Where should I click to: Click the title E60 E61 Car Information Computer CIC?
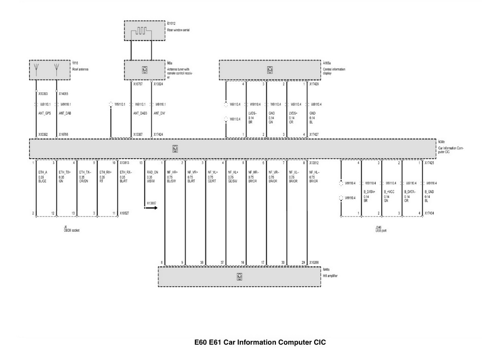pos(260,343)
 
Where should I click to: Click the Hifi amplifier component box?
pos(239,276)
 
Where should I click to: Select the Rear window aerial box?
pos(145,30)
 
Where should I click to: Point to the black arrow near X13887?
pos(151,208)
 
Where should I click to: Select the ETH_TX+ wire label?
pos(65,172)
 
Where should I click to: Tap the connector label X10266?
pos(314,262)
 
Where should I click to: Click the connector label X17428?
pos(315,84)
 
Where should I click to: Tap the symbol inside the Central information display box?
pos(270,70)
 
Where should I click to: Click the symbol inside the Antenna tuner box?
pos(144,70)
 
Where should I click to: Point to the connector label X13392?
pos(43,135)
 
